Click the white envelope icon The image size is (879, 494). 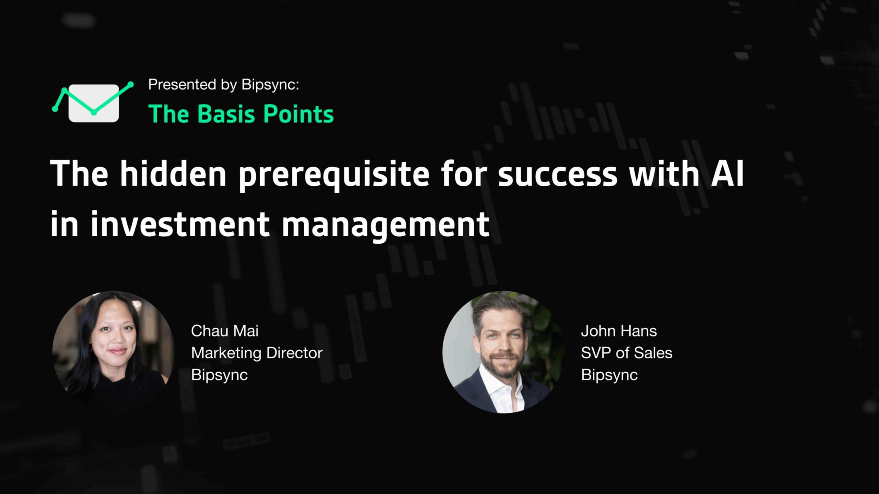point(94,103)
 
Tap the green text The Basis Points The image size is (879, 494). point(241,114)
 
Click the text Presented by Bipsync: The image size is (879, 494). point(223,84)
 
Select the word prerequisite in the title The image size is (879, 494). point(334,175)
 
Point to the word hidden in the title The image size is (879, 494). point(173,173)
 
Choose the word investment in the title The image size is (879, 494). point(180,224)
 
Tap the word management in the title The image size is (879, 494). point(385,226)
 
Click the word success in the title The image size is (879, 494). point(557,176)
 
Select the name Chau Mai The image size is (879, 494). point(225,331)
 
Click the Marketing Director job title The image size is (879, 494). point(257,353)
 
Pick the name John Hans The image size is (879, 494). point(619,331)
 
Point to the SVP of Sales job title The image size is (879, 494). point(627,353)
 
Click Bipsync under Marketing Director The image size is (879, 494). point(219,375)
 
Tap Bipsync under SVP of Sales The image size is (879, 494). point(609,375)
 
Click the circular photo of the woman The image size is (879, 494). point(113,352)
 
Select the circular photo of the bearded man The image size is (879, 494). point(504,352)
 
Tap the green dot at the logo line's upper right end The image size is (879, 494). point(131,84)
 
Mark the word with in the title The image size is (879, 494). point(664,173)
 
